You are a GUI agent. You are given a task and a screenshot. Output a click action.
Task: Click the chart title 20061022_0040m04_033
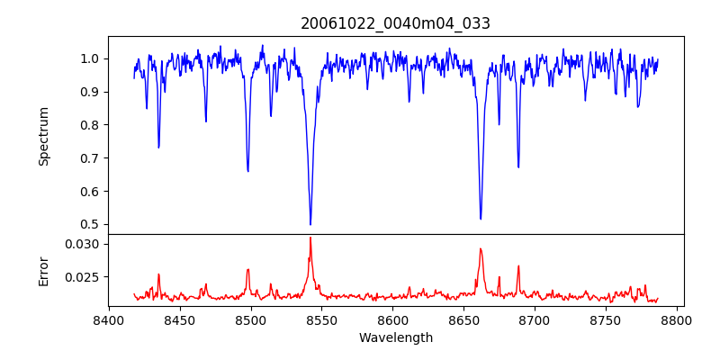[x=395, y=23]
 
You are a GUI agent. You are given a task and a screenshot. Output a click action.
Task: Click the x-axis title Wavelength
[x=395, y=337]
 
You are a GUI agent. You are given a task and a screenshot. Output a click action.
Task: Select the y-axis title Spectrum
[x=43, y=136]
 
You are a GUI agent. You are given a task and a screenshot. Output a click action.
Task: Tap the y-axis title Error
[x=43, y=270]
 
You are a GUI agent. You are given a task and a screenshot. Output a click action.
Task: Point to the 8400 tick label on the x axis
[x=109, y=319]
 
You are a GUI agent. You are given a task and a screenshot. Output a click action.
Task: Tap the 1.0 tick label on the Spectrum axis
[x=90, y=58]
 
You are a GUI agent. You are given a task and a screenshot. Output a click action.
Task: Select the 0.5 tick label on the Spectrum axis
[x=90, y=224]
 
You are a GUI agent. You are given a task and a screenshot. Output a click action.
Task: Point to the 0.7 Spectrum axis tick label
[x=90, y=158]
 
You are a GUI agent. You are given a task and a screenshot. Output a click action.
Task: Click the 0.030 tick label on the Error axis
[x=84, y=244]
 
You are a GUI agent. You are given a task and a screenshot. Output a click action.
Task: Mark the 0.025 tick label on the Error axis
[x=84, y=277]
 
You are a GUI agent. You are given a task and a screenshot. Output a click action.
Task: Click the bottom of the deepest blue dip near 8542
[x=310, y=224]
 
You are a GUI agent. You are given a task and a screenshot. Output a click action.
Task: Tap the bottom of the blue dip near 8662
[x=481, y=219]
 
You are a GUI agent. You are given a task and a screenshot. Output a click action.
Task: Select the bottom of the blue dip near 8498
[x=247, y=171]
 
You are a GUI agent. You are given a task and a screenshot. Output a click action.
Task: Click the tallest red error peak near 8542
[x=310, y=238]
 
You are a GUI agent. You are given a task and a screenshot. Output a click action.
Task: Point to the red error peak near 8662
[x=481, y=249]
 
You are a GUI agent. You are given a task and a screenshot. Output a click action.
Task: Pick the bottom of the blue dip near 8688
[x=518, y=167]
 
